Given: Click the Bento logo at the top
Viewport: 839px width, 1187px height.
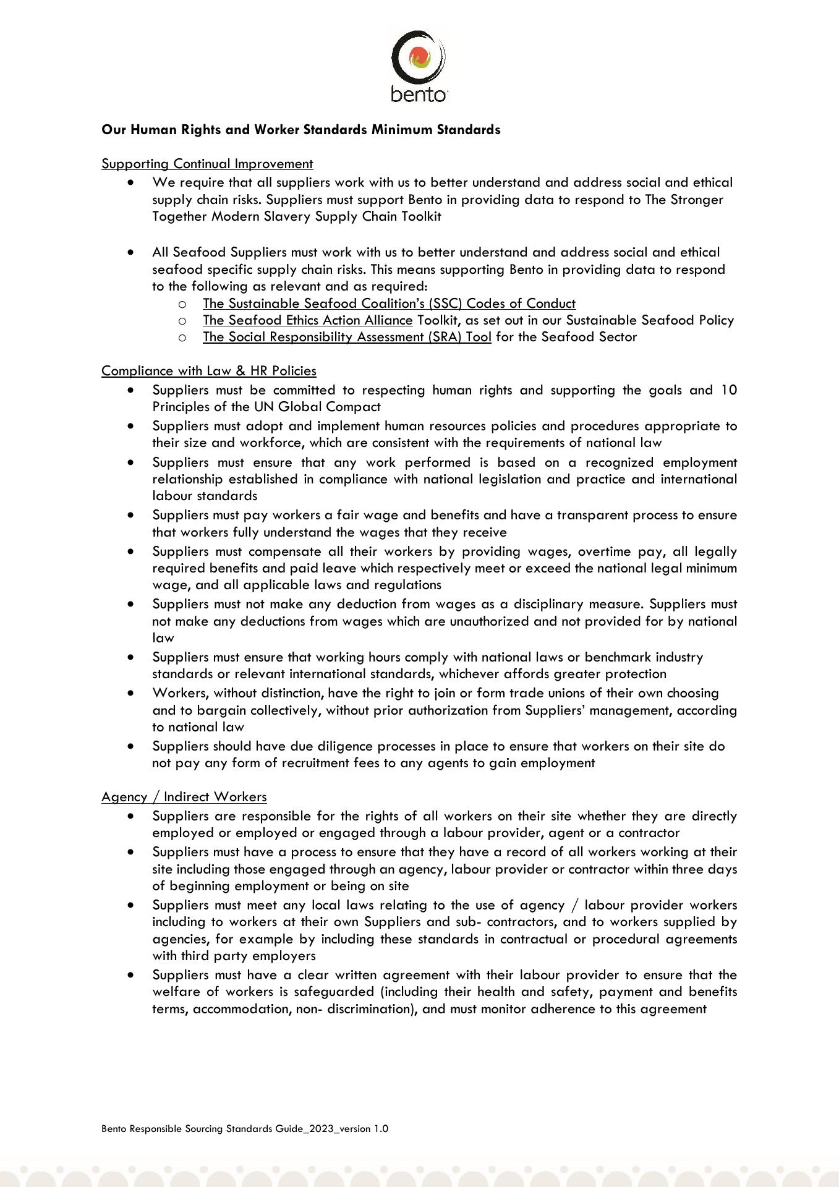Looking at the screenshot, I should [x=419, y=66].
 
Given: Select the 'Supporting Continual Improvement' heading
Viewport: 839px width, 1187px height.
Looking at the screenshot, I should [x=207, y=164].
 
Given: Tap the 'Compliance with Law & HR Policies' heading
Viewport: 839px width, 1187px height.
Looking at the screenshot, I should [x=209, y=371].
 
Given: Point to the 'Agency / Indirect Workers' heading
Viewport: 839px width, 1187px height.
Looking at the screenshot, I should [x=184, y=797].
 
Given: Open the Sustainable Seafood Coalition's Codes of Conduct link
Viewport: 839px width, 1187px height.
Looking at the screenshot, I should [x=389, y=304].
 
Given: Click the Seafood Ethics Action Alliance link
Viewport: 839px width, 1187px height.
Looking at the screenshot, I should [x=307, y=320].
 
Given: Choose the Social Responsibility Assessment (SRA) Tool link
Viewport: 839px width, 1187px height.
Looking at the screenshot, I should [x=347, y=337].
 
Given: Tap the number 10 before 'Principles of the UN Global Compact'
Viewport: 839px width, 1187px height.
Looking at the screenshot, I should [x=728, y=390].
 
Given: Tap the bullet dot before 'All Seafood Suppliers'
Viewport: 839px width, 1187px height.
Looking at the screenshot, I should [x=130, y=252].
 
